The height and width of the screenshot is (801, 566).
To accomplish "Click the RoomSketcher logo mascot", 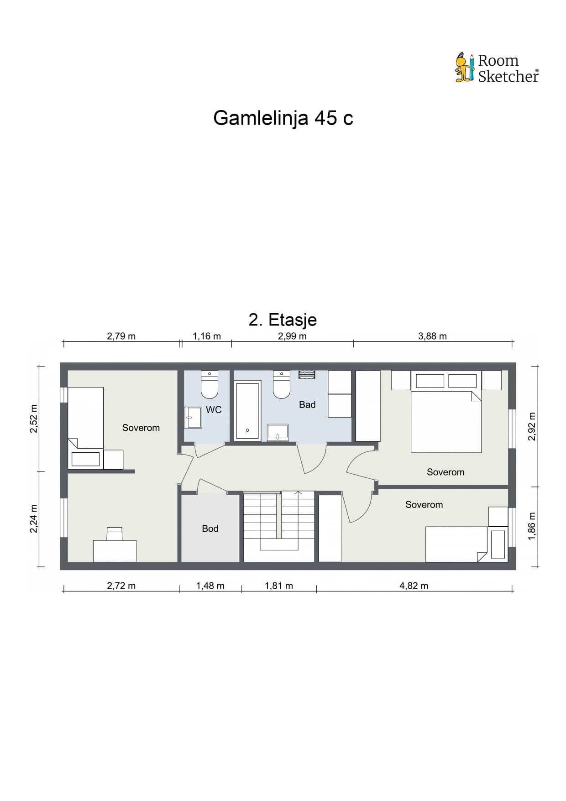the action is tap(465, 67).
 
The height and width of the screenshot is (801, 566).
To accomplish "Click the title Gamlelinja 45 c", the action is tap(283, 118).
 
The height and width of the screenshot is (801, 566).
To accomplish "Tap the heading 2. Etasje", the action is tap(283, 319).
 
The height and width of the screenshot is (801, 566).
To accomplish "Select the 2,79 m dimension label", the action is tap(121, 336).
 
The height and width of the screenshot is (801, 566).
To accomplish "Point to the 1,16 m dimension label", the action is tap(207, 336).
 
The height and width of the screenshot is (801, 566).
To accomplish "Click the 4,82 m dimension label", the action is tap(414, 586).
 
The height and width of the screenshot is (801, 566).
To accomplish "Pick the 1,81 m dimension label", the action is tap(279, 586).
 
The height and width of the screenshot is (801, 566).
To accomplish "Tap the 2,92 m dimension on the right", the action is tap(532, 426).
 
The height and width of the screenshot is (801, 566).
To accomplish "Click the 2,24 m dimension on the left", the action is tap(34, 518).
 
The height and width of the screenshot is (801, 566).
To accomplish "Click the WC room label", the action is tap(214, 410).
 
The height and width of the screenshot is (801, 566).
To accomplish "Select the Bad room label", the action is tap(307, 405).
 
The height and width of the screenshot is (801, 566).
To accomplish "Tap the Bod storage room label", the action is tap(210, 529).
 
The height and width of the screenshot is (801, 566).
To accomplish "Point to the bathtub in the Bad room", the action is tap(247, 411).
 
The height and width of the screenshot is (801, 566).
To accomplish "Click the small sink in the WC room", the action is tap(193, 418).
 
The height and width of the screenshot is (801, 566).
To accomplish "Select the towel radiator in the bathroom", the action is tap(307, 375).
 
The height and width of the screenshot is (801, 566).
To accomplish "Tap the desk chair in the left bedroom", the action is tap(115, 534).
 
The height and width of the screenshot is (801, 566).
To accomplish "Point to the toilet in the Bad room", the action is tap(282, 384).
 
